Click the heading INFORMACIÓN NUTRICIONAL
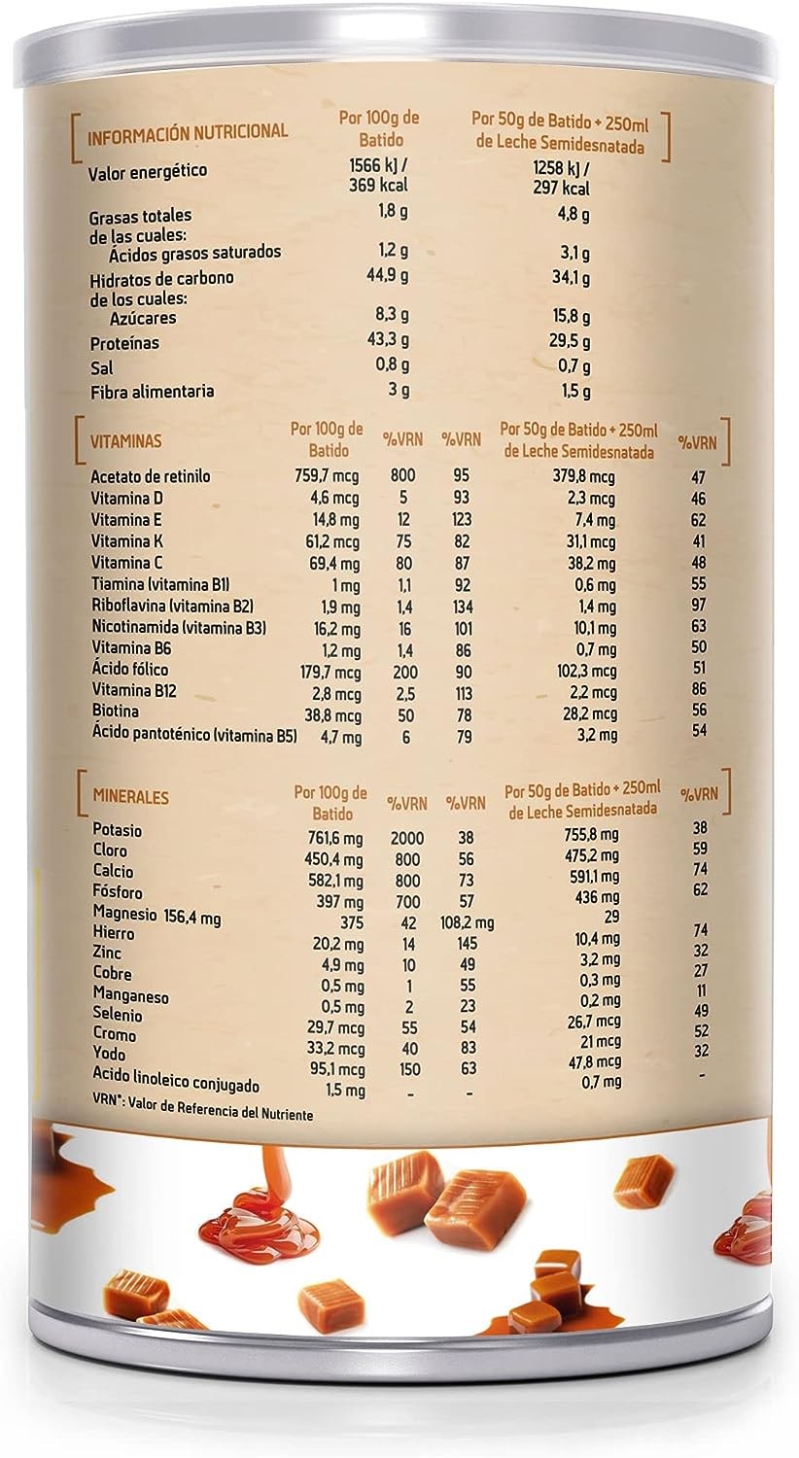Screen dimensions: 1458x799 [x=188, y=131]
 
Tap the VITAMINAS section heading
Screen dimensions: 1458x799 [x=126, y=440]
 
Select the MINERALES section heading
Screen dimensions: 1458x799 [x=130, y=797]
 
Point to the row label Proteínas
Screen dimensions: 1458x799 [x=123, y=343]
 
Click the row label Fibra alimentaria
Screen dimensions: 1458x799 [x=151, y=392]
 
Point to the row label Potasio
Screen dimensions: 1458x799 [x=117, y=831]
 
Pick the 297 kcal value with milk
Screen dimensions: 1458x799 [x=562, y=188]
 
